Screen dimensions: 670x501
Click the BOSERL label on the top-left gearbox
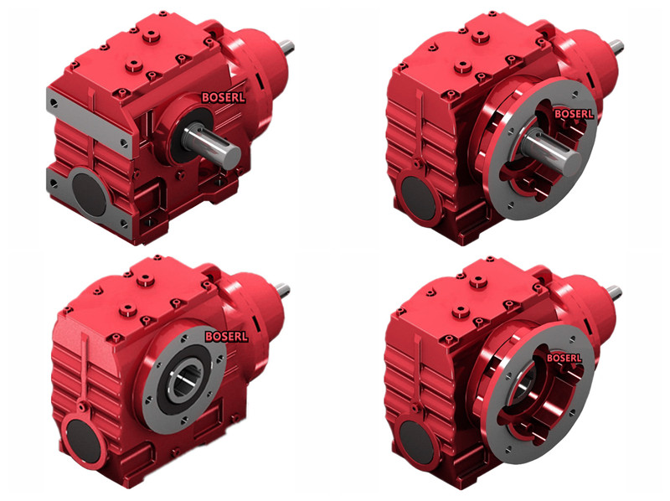224,97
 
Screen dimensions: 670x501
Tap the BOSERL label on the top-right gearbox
574,114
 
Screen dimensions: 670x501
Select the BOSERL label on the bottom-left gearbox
226,337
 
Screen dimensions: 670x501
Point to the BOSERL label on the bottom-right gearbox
564,358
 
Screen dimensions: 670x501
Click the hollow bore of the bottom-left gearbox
187,380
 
